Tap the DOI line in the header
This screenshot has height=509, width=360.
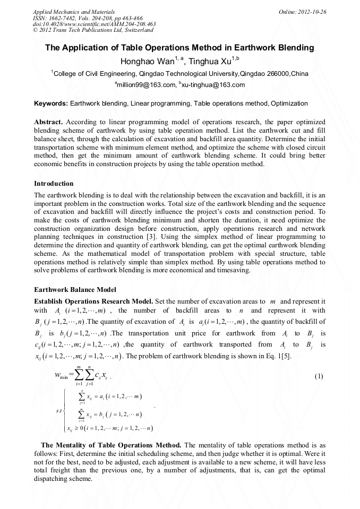pos(94,24)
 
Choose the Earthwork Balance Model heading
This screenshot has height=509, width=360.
pos(74,290)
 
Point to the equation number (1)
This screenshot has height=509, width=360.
pos(319,376)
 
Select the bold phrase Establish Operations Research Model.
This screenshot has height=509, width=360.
pos(93,301)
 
